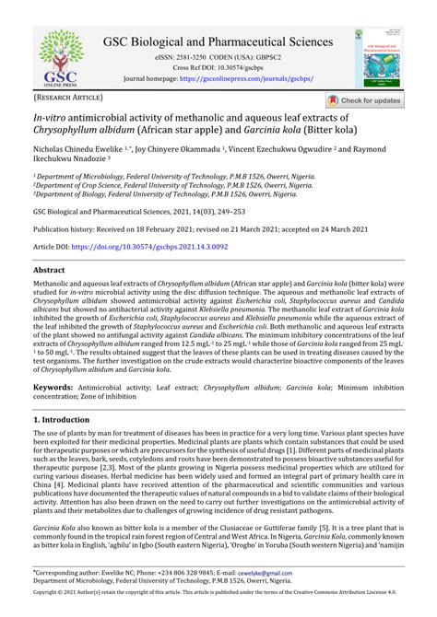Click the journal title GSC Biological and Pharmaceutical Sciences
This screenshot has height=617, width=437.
(218, 42)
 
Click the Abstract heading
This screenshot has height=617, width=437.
(49, 272)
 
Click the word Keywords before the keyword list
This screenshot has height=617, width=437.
(53, 389)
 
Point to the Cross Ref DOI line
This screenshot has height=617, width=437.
(218, 67)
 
